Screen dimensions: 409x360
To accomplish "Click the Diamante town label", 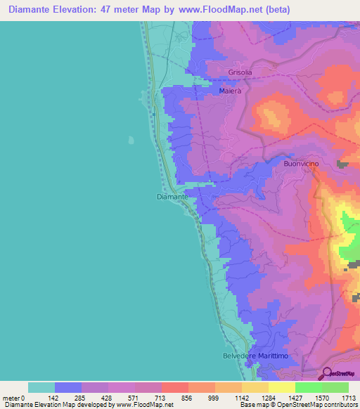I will pyautogui.click(x=172, y=197).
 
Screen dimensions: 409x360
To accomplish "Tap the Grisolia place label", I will pyautogui.click(x=240, y=72).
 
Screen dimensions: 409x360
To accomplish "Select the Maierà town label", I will pyautogui.click(x=230, y=91).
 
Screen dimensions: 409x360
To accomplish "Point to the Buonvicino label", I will pyautogui.click(x=301, y=164).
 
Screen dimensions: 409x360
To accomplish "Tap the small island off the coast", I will pyautogui.click(x=131, y=139).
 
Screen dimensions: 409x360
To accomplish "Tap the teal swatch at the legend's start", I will pyautogui.click(x=41, y=387).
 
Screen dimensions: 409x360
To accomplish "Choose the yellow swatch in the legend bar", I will pyautogui.click(x=281, y=387).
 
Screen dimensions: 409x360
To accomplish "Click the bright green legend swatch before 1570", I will pyautogui.click(x=308, y=387).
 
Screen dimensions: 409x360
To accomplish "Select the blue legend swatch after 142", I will pyautogui.click(x=67, y=387).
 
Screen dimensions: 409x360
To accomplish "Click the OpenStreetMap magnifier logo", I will pyautogui.click(x=327, y=372).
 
